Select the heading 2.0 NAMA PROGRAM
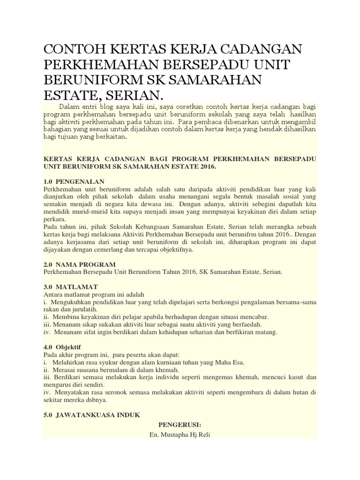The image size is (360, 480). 79,264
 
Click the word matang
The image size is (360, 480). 267,332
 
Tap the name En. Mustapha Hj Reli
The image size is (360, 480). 180,435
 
